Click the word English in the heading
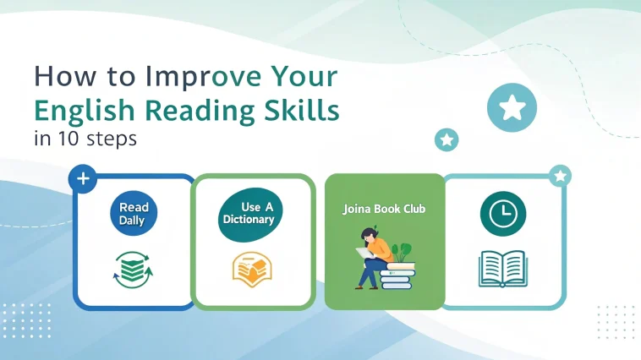85,112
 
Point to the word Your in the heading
304,76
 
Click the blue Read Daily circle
134,213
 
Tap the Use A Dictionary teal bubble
249,215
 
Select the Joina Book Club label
384,209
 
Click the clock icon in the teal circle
503,214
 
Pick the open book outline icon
503,269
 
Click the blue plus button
83,178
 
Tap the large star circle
512,107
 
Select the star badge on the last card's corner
560,176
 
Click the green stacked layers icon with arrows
133,270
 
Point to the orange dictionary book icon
252,270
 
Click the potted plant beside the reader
402,253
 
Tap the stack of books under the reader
397,275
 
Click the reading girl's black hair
370,235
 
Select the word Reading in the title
200,112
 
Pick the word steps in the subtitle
112,139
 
